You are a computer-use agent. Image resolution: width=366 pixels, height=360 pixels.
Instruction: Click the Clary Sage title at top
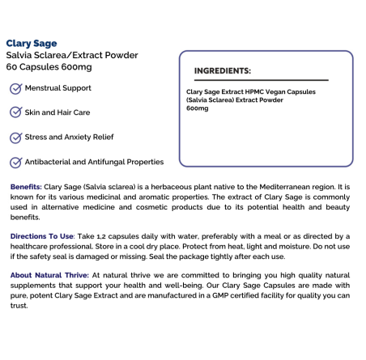tap(32, 43)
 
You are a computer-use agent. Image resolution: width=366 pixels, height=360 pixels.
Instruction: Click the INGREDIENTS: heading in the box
tap(223, 70)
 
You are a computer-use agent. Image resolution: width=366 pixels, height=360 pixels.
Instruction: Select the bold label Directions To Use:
tap(42, 235)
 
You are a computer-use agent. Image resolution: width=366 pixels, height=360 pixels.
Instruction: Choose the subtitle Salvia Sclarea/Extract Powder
tap(72, 55)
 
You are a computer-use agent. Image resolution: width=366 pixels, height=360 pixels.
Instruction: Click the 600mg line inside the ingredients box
tap(197, 108)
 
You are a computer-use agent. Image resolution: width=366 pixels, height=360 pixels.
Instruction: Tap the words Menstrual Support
tap(58, 87)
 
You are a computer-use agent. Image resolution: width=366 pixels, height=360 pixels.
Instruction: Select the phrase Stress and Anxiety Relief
tap(74, 137)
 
